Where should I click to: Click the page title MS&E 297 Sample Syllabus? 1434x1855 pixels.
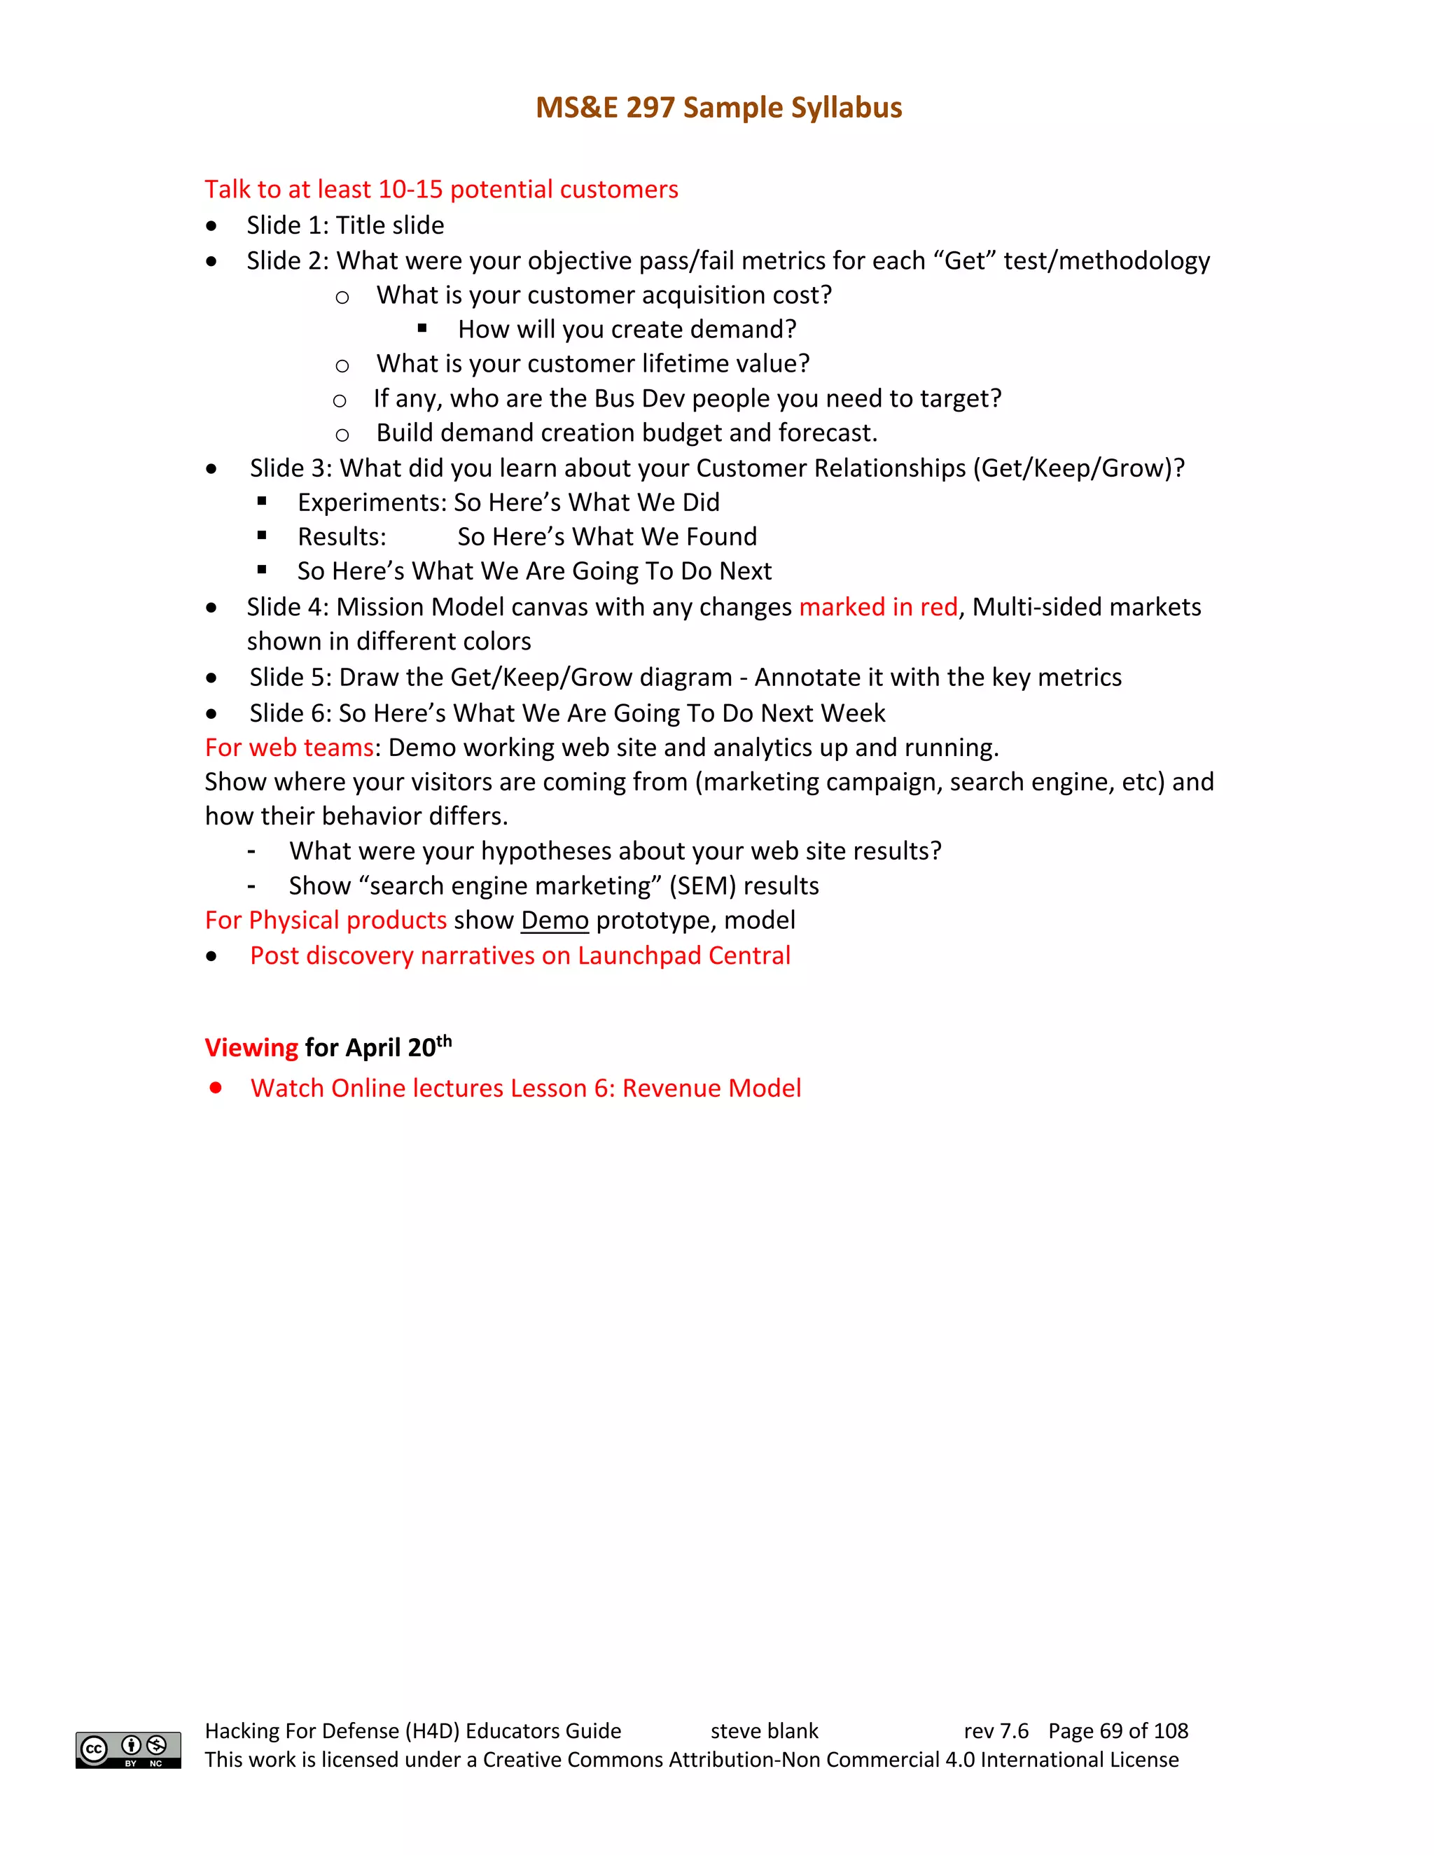click(718, 108)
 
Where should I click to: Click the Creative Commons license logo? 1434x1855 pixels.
click(128, 1750)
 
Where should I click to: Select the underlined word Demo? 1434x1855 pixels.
click(555, 920)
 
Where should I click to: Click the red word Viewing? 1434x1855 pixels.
click(251, 1047)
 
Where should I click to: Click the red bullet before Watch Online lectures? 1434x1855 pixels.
click(216, 1087)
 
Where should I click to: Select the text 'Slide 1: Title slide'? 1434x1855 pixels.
click(345, 225)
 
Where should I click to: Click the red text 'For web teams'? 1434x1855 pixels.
click(290, 748)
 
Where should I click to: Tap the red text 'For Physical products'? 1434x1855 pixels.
click(326, 920)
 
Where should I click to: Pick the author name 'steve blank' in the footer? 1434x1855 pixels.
click(764, 1730)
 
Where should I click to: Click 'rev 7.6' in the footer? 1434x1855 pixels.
click(996, 1730)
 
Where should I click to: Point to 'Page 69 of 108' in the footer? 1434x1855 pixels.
click(1118, 1730)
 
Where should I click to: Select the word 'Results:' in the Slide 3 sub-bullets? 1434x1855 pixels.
click(342, 537)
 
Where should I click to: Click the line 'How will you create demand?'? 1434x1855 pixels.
click(627, 330)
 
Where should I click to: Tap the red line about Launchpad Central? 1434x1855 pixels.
click(520, 955)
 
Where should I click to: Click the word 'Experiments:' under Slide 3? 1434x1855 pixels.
click(371, 502)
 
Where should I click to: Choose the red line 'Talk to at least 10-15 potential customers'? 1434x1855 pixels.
click(441, 190)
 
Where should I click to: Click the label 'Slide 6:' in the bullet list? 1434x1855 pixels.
click(290, 713)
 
